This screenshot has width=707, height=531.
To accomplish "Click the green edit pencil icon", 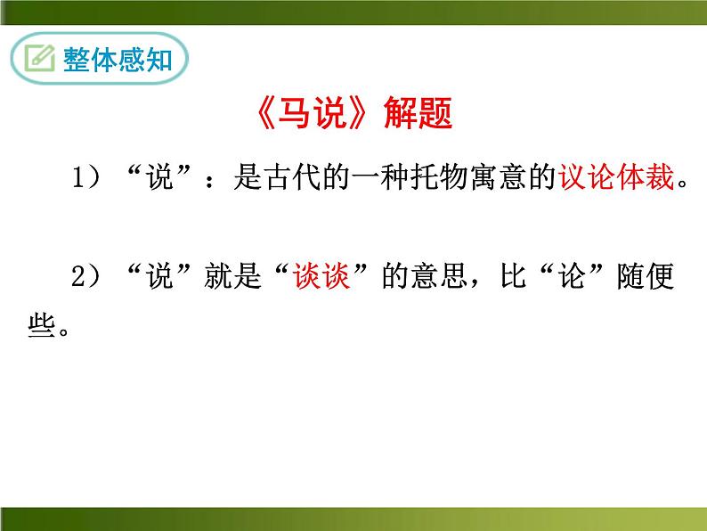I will (39, 59).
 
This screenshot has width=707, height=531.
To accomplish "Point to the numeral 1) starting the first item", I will (86, 182).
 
